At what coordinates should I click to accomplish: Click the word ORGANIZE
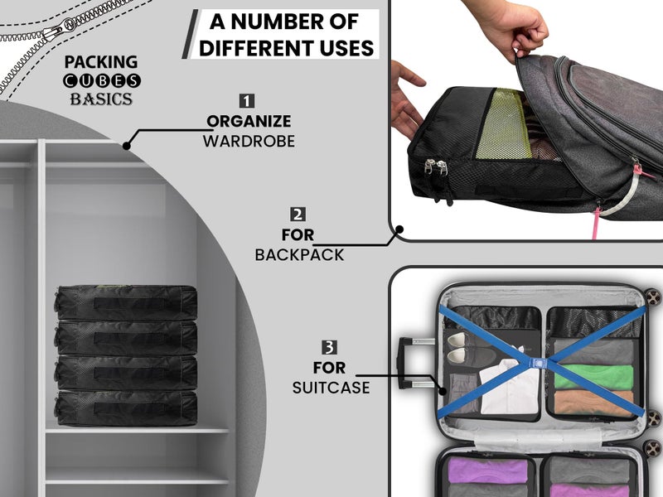249,121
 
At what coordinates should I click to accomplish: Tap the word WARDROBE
249,141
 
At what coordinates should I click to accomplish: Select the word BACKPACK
299,255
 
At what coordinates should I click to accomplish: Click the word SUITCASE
331,388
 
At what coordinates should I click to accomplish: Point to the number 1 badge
247,101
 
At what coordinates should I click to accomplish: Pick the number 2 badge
298,215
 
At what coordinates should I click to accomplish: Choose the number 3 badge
329,347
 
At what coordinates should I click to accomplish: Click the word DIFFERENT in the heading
256,48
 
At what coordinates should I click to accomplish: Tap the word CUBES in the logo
101,80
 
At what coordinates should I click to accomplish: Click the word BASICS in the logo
101,99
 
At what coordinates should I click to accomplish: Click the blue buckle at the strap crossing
537,363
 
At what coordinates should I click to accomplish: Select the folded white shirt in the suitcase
504,387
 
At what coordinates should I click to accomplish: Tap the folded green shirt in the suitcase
593,377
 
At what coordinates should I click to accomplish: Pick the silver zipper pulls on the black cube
437,166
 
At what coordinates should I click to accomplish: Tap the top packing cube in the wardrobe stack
126,302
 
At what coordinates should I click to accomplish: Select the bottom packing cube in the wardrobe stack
126,408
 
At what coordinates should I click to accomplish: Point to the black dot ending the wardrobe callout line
127,146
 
